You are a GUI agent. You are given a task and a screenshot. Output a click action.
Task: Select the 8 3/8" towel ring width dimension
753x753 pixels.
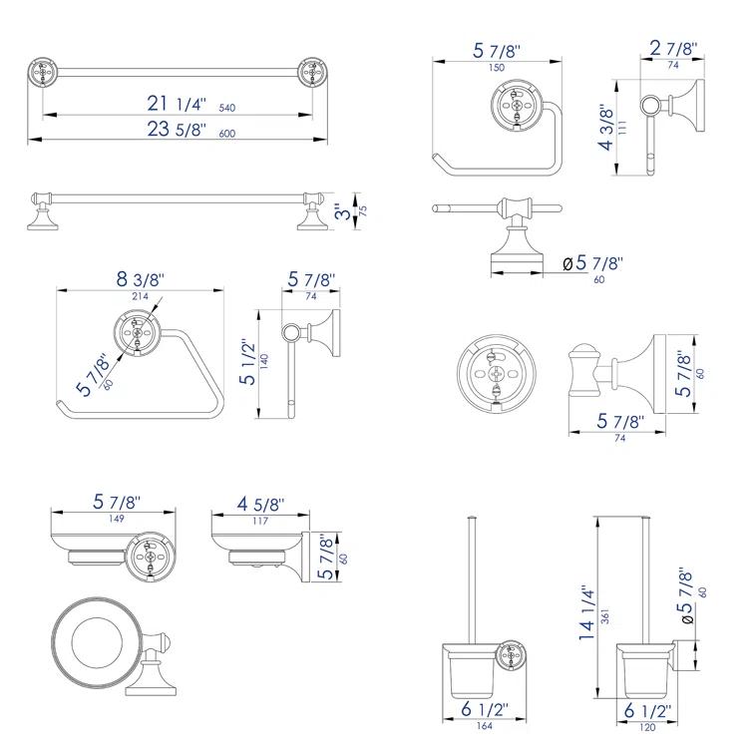pos(138,279)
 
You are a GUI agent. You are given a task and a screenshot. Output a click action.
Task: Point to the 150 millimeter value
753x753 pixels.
pos(496,67)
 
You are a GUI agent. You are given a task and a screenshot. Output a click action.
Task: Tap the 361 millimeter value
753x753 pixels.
pos(605,616)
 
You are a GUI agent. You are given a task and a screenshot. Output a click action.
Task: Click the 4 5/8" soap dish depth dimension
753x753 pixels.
pos(262,506)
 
